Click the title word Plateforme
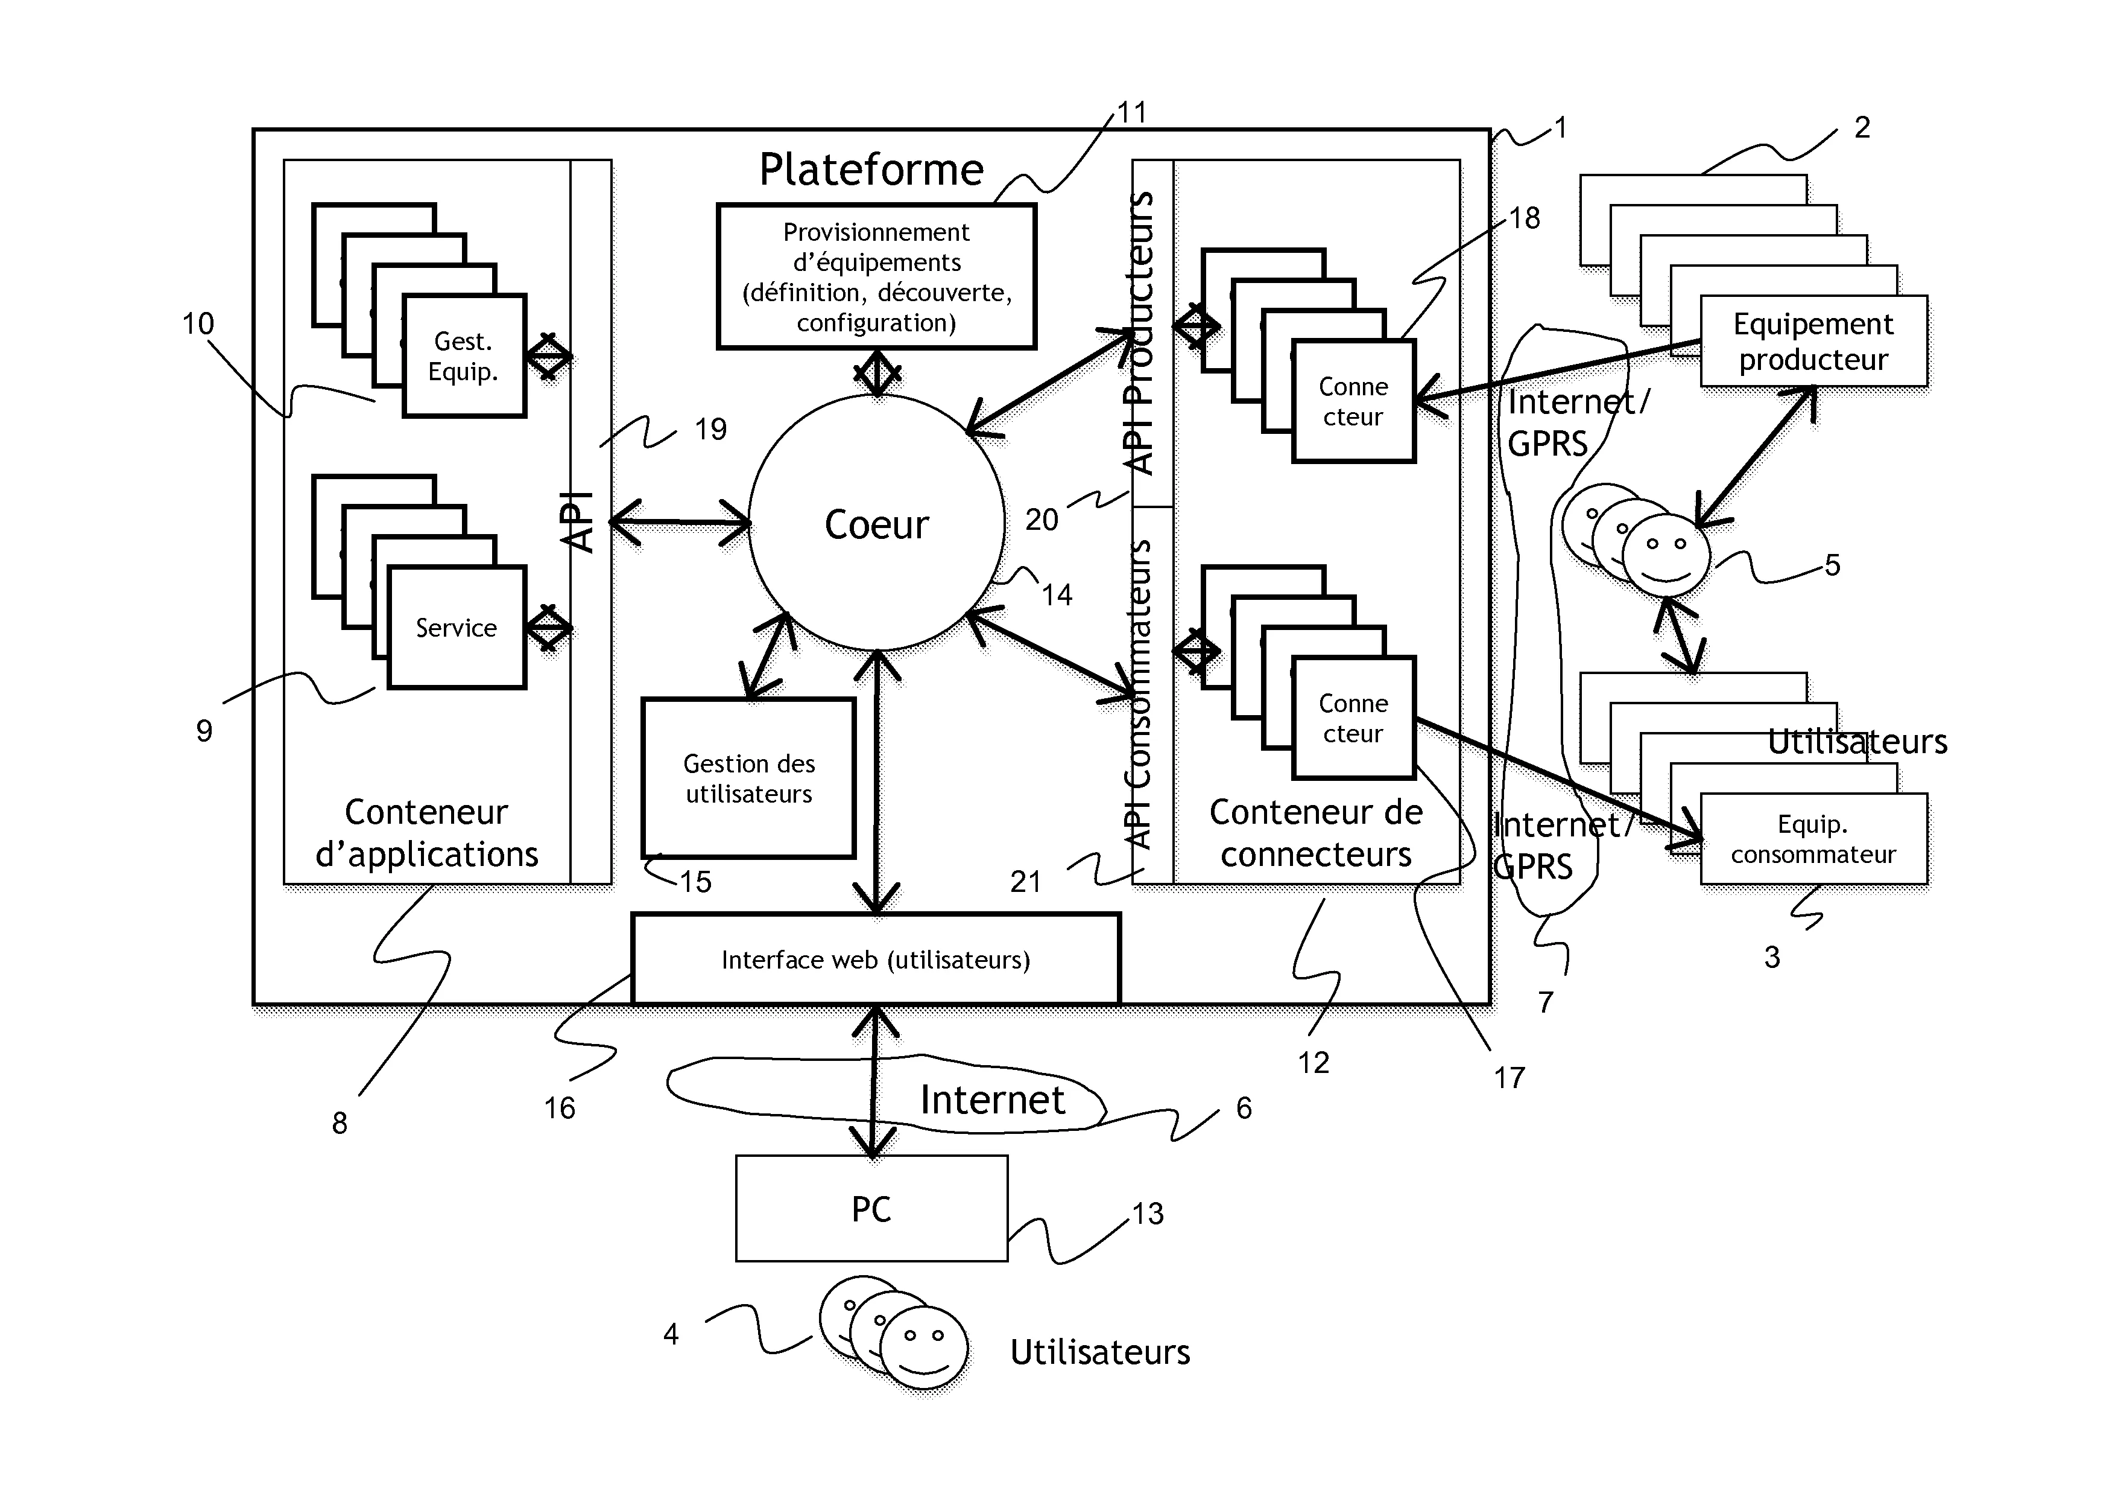pos(871,170)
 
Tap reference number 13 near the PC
pos(1148,1213)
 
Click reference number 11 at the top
pos(1132,113)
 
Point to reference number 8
pos(340,1122)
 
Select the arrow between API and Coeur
pos(680,523)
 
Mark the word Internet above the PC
pos(993,1099)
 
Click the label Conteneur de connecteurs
pos(1317,833)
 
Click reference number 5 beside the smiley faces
pos(1832,565)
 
